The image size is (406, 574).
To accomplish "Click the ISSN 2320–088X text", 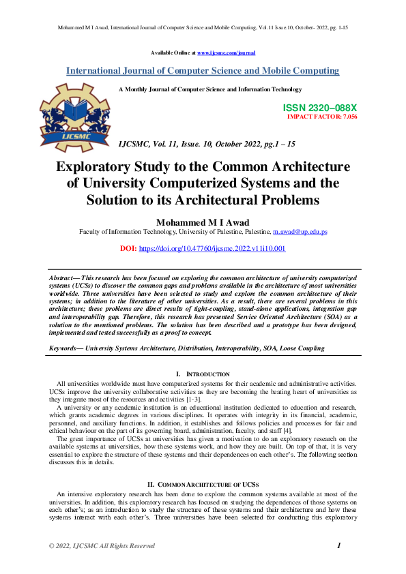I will (x=319, y=108).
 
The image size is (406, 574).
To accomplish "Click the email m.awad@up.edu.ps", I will (x=300, y=232).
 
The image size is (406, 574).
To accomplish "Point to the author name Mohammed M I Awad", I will (x=203, y=222).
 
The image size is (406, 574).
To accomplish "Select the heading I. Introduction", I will (x=203, y=374).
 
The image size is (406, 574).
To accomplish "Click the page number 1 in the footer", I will (x=339, y=545).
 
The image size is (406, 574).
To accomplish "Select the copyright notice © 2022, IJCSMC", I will (x=102, y=546).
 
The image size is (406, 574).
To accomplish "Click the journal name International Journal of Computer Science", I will (x=203, y=71).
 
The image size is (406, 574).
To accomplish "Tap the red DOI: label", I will (x=128, y=249).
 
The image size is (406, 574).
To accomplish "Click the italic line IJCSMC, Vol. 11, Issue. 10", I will (x=207, y=145).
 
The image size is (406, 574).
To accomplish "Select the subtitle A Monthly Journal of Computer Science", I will (x=209, y=89).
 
